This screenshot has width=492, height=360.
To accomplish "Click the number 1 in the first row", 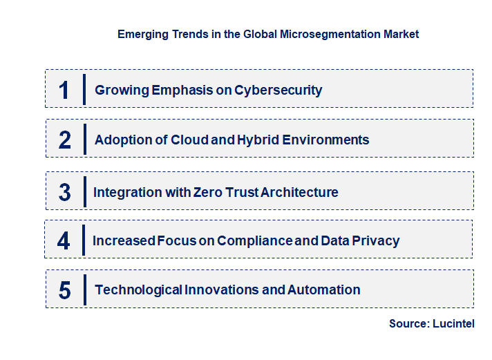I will point(64,90).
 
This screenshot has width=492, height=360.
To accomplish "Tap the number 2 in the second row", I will point(65,140).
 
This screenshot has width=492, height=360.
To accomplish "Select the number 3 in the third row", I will point(64,192).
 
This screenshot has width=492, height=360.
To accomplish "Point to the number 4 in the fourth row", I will point(64,241).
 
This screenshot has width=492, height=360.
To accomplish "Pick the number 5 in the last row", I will point(65,290).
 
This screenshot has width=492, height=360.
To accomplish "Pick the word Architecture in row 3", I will point(299,192).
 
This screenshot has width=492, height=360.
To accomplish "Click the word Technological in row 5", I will point(138,290).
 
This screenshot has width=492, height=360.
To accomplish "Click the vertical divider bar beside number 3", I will point(84,191).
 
